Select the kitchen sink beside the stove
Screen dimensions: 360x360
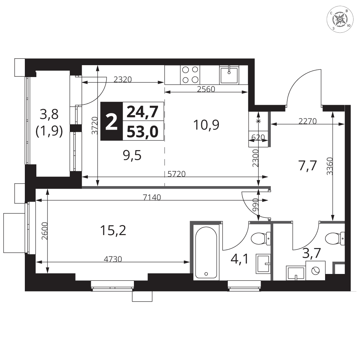229,75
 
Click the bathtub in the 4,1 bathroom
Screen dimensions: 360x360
206,253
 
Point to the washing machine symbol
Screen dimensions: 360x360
315,270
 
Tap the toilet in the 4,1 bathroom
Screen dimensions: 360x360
261,238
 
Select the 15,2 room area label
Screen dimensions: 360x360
113,230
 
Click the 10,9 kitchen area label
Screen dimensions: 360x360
206,125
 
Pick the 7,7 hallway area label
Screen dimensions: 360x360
307,166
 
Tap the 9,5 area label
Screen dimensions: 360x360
132,156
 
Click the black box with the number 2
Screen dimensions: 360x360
112,121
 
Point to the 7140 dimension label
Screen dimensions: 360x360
152,197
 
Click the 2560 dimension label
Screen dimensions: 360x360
206,89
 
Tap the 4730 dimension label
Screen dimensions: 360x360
113,259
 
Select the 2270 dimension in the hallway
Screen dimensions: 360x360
308,121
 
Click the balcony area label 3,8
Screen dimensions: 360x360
49,114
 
